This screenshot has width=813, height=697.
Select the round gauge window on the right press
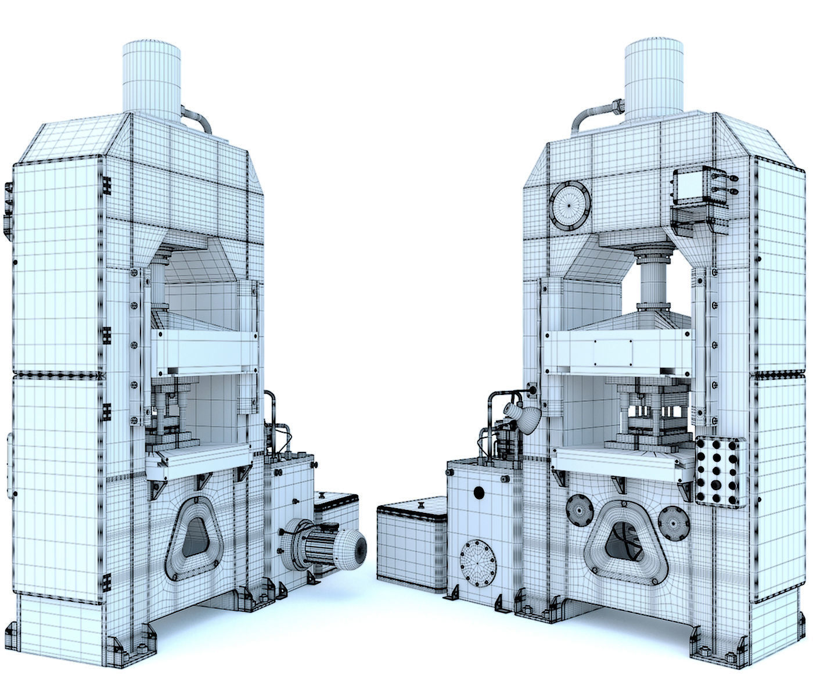click(x=570, y=206)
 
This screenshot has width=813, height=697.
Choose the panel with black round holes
click(x=720, y=471)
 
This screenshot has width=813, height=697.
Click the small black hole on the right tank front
click(x=479, y=493)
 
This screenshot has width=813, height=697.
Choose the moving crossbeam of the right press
click(x=619, y=351)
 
